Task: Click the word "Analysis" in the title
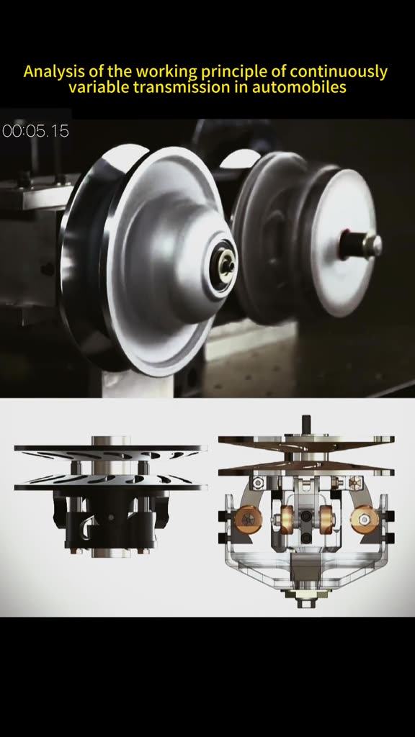click(x=53, y=71)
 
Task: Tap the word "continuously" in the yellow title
click(x=339, y=71)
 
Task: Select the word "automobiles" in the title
click(x=299, y=87)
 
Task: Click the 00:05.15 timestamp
click(x=36, y=131)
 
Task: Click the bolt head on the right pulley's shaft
click(x=372, y=245)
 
